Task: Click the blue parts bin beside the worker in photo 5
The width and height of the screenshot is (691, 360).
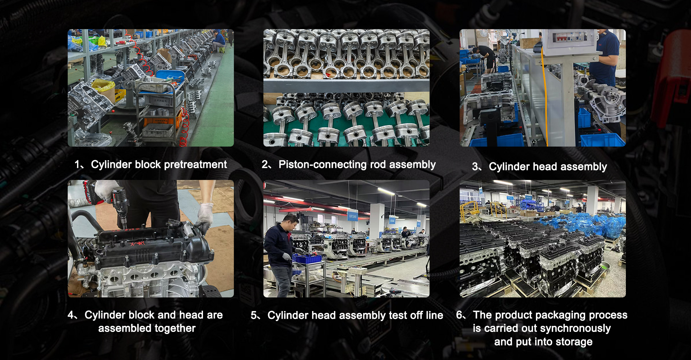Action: [x=306, y=258]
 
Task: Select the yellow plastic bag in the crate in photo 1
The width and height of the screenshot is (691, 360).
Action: [x=104, y=86]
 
